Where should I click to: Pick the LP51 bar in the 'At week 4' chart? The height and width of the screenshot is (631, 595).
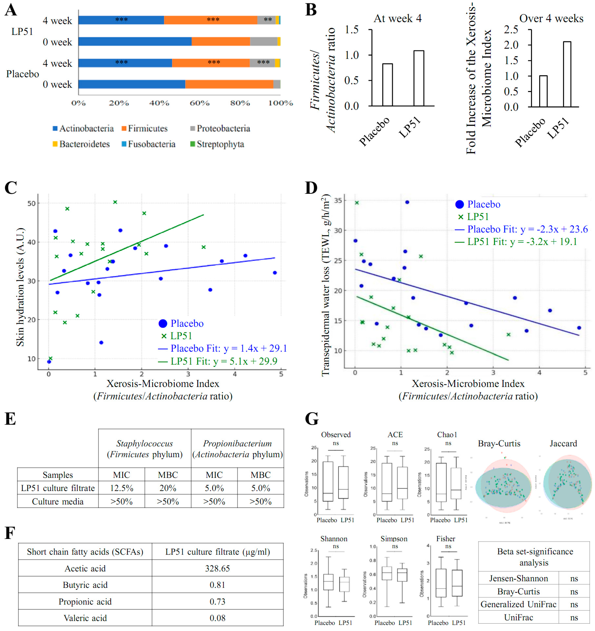[419, 78]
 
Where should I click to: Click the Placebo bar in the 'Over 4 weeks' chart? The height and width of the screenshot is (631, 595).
[543, 91]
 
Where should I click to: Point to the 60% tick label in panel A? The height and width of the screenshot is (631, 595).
[199, 103]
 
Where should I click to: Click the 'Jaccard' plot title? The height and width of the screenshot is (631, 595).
[563, 443]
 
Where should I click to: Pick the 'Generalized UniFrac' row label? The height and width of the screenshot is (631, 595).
[518, 604]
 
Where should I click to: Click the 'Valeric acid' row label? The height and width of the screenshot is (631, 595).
[85, 618]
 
